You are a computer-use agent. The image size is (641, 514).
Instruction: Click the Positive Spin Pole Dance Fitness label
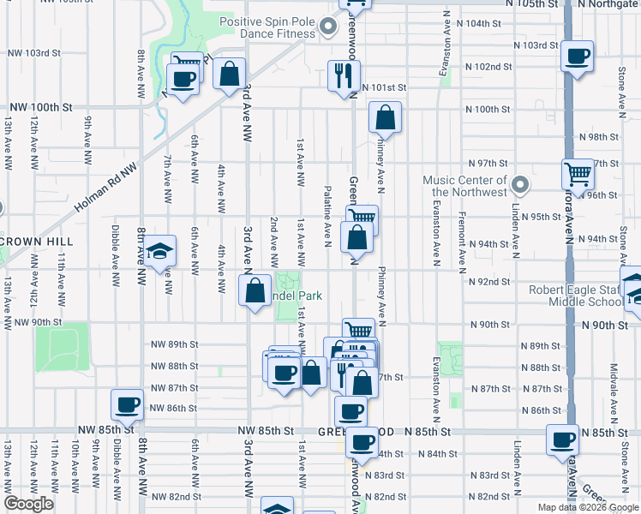pos(267,29)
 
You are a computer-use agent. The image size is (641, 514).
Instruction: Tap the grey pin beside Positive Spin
pos(327,29)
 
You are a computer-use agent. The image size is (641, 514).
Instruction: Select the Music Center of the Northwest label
pos(465,186)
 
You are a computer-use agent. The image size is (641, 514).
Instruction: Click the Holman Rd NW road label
pos(105,189)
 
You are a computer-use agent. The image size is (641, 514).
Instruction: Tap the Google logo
pos(28,504)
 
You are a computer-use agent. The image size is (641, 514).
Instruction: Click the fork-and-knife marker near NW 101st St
pos(344,75)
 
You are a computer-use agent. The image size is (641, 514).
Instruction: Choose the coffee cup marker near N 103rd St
pos(578,57)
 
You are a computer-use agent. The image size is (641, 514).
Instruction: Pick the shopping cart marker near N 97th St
pos(578,174)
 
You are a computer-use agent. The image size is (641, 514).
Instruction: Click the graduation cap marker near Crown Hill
pos(159,251)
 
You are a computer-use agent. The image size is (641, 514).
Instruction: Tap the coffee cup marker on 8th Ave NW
pos(128,405)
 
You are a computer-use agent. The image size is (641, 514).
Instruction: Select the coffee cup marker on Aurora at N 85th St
pos(563,439)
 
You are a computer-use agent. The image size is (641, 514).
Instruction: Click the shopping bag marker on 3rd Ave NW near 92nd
pos(255,290)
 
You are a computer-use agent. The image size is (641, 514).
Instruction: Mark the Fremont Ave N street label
pos(461,237)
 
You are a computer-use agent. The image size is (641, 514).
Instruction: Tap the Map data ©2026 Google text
pos(587,507)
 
